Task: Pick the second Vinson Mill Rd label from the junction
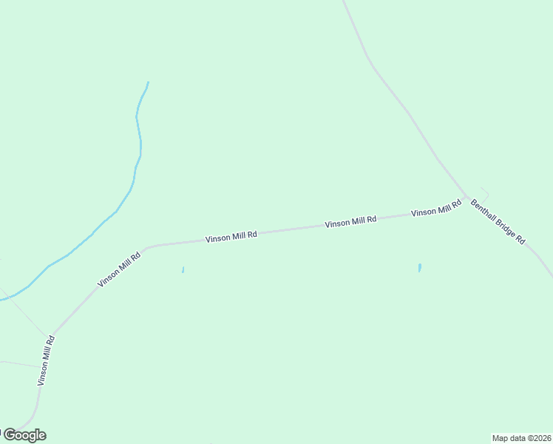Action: pyautogui.click(x=350, y=221)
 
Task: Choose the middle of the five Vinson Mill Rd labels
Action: pyautogui.click(x=231, y=237)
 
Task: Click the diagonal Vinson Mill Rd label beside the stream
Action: pyautogui.click(x=119, y=270)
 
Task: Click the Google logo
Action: pyautogui.click(x=24, y=435)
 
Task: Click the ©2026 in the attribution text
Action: pyautogui.click(x=538, y=437)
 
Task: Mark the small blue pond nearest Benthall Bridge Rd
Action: pyautogui.click(x=419, y=268)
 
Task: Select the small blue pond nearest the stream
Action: pyautogui.click(x=183, y=270)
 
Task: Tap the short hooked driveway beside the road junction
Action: pyautogui.click(x=485, y=192)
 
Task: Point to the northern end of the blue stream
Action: pyautogui.click(x=148, y=82)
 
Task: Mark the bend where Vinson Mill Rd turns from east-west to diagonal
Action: pyautogui.click(x=146, y=247)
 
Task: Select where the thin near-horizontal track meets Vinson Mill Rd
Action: pyautogui.click(x=41, y=368)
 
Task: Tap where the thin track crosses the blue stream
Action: pyautogui.click(x=10, y=297)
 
